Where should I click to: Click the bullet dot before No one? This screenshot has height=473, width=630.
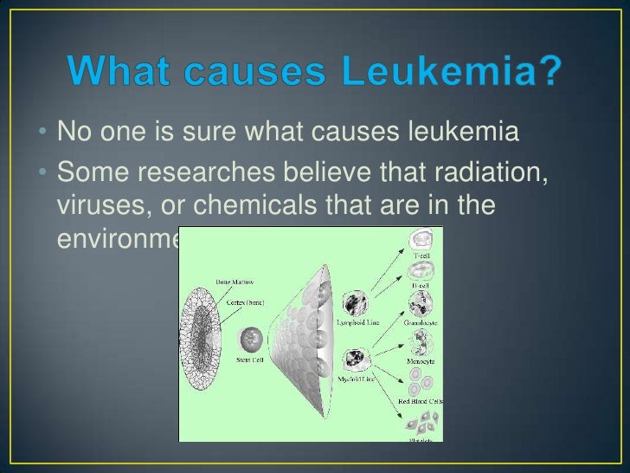click(43, 135)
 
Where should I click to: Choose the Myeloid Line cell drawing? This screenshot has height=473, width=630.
click(357, 359)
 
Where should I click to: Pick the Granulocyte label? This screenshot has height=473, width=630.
click(421, 322)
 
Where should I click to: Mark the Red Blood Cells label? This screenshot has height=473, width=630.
click(421, 401)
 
